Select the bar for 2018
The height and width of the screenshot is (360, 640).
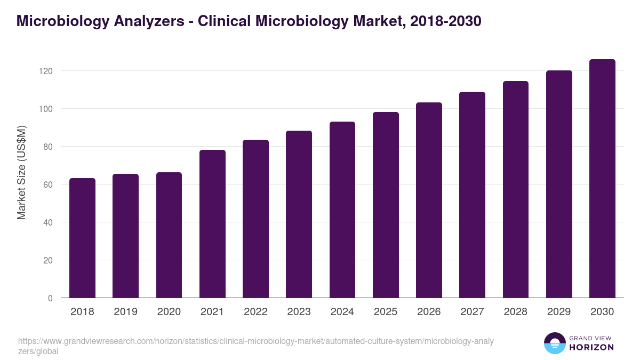click(x=82, y=238)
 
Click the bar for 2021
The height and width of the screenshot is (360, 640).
click(x=212, y=224)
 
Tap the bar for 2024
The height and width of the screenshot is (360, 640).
click(x=342, y=210)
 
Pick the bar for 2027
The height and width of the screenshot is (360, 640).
click(x=472, y=195)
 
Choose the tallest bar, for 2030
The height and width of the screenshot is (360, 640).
click(x=602, y=179)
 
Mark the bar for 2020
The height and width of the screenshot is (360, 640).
click(x=169, y=235)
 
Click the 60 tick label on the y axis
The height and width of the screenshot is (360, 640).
click(x=48, y=185)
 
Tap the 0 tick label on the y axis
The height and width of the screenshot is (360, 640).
click(x=50, y=298)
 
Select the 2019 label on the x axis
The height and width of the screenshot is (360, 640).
click(x=125, y=312)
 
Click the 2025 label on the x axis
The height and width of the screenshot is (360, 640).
click(x=386, y=312)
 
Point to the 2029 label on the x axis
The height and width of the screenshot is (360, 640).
click(x=559, y=312)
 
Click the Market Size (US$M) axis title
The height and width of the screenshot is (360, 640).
click(x=21, y=172)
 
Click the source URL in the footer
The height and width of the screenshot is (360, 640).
click(x=256, y=346)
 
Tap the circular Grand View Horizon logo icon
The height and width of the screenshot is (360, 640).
click(x=554, y=343)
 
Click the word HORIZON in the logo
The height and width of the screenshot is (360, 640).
click(x=591, y=347)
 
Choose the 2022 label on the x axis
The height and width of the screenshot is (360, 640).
click(x=255, y=312)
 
